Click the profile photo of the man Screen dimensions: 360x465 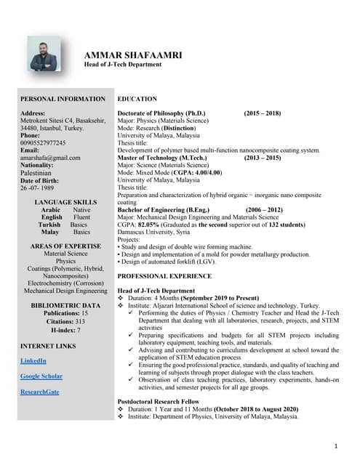[x=45, y=54]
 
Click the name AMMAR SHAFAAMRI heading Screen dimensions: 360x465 [x=134, y=54]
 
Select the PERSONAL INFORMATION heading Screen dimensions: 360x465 [x=63, y=99]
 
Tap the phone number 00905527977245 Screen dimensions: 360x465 [x=43, y=143]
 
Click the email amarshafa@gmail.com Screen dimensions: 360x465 [x=50, y=158]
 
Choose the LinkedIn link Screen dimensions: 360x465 [x=33, y=361]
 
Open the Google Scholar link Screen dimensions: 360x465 [x=41, y=376]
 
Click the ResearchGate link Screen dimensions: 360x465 [x=39, y=392]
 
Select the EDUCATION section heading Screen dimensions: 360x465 [x=137, y=99]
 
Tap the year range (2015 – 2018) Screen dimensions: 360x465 [x=262, y=113]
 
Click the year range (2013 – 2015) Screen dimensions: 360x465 [x=263, y=158]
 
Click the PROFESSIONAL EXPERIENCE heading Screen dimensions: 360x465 [x=164, y=276]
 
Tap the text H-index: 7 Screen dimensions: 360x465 [x=65, y=330]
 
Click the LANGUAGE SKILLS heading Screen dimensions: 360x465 [x=65, y=201]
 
